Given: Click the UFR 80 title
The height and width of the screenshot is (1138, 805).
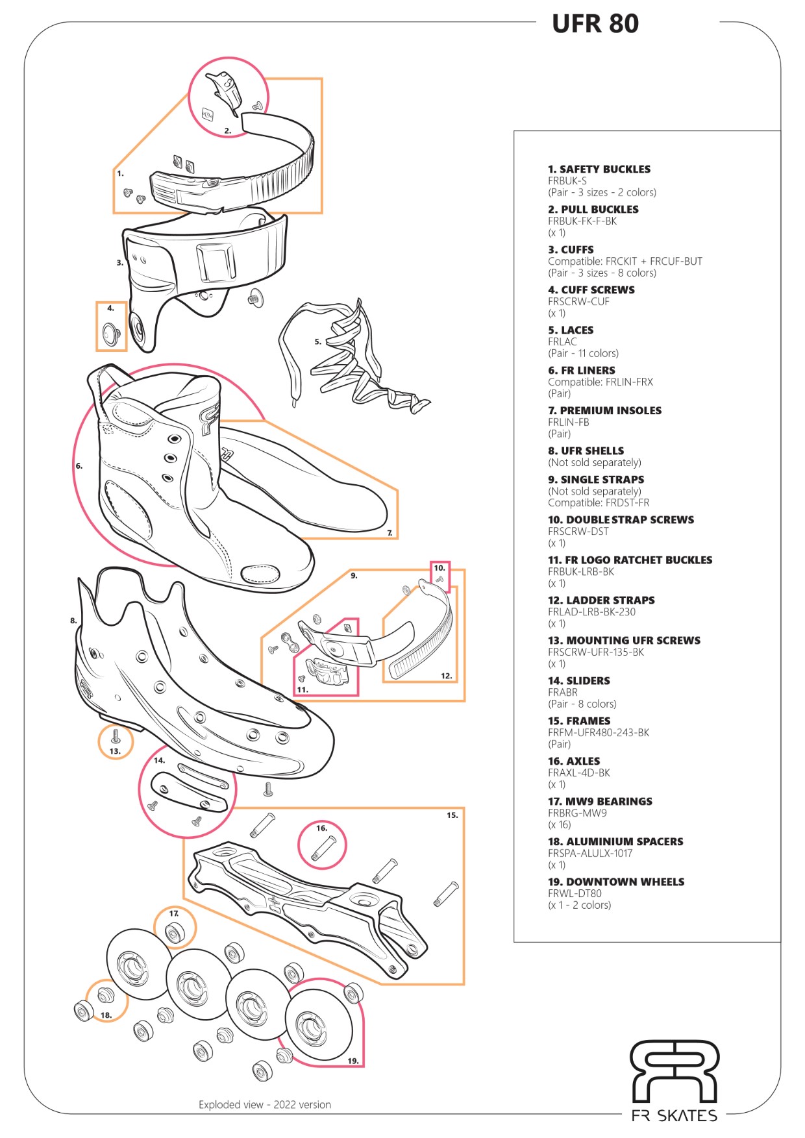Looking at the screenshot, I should pyautogui.click(x=595, y=24).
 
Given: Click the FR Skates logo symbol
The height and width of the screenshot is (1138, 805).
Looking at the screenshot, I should pyautogui.click(x=675, y=1070).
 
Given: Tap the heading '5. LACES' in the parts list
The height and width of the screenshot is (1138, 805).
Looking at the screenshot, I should pyautogui.click(x=571, y=330).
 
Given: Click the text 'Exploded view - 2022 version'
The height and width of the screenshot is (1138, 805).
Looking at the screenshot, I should pyautogui.click(x=265, y=1104).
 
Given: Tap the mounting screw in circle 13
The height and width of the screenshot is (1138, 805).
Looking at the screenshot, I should pyautogui.click(x=115, y=736).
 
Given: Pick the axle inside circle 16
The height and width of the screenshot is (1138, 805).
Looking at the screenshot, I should pyautogui.click(x=323, y=848).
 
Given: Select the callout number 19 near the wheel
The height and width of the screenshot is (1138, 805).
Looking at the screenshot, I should pyautogui.click(x=353, y=1061).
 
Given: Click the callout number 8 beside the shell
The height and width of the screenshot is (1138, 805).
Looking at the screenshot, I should pyautogui.click(x=73, y=621).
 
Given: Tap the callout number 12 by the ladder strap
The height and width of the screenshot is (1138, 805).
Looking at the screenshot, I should pyautogui.click(x=446, y=676).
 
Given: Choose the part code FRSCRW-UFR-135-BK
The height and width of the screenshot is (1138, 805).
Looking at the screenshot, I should pyautogui.click(x=595, y=652).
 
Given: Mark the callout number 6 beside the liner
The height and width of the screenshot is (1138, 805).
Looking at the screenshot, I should pyautogui.click(x=79, y=465).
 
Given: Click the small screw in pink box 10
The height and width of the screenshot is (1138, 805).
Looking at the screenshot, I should pyautogui.click(x=441, y=578).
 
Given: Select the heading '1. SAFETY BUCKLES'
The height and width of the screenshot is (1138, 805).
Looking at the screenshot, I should pyautogui.click(x=599, y=169).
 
